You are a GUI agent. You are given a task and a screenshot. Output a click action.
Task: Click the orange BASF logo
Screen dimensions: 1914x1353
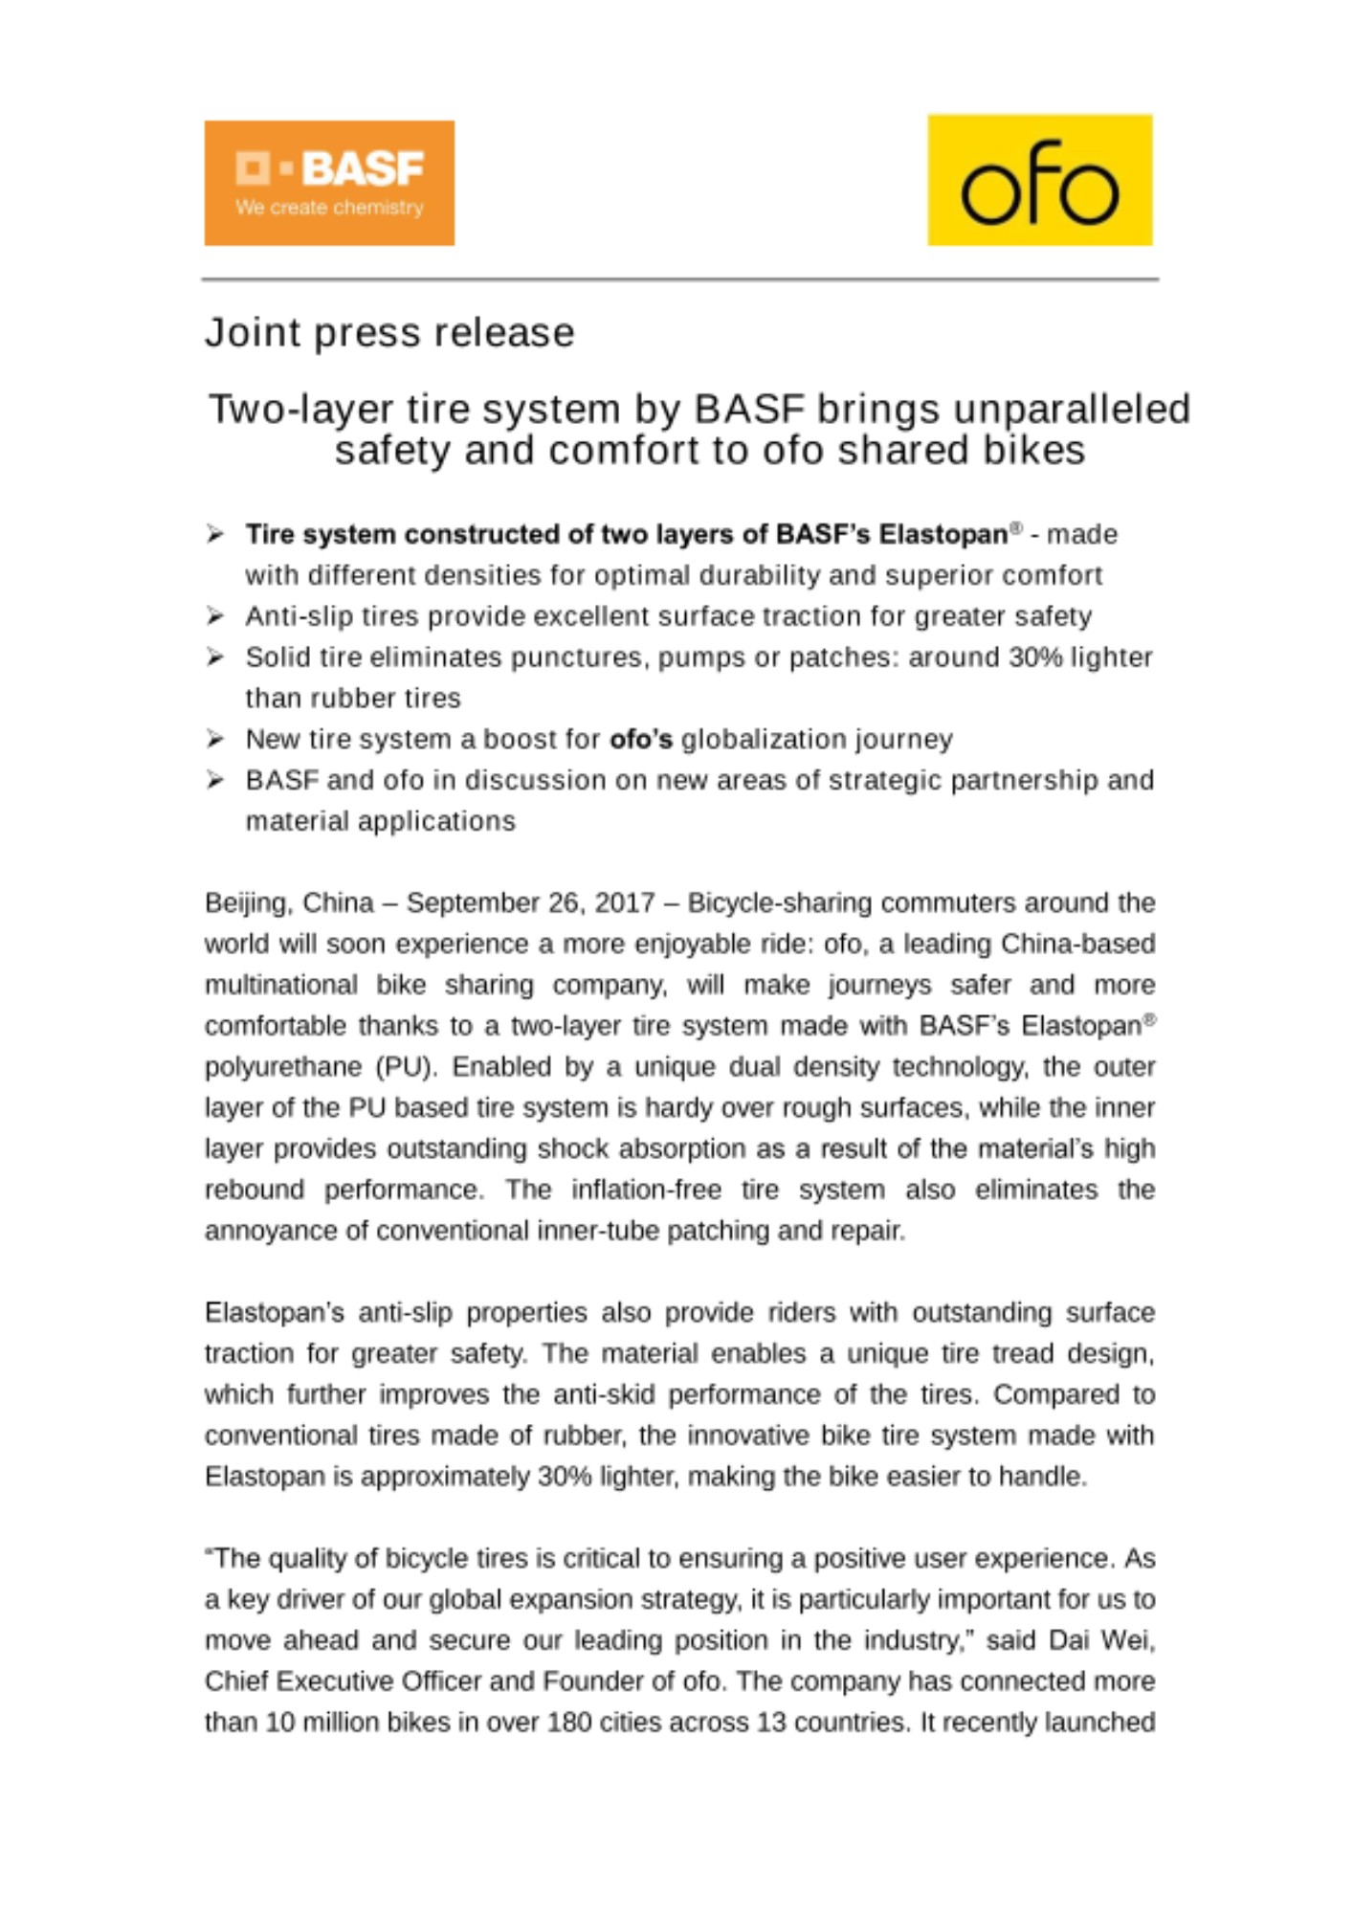click(328, 182)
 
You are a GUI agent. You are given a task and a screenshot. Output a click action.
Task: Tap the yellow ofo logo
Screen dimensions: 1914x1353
click(1039, 180)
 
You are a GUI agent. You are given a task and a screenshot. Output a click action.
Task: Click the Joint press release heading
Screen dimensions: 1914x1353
click(389, 332)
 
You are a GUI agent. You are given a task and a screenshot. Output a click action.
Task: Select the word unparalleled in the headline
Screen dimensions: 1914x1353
click(1072, 409)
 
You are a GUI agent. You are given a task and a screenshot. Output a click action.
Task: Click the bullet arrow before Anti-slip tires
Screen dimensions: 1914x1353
click(215, 615)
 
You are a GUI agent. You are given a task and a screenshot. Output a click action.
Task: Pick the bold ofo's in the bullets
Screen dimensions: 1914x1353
click(641, 740)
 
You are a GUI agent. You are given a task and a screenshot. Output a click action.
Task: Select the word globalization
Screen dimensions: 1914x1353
click(757, 740)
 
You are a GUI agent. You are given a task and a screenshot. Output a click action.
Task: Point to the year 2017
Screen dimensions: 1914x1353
click(626, 903)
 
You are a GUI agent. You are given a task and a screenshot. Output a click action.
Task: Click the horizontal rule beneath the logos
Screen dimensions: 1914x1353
click(679, 279)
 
